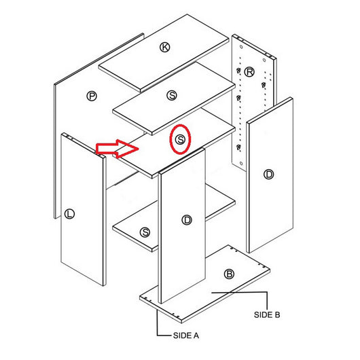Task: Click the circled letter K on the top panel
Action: tap(164, 48)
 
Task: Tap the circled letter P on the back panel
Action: tap(92, 96)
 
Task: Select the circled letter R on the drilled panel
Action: tap(249, 72)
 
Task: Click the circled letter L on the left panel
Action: tap(69, 214)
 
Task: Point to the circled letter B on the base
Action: tap(229, 274)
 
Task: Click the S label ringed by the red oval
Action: tap(180, 139)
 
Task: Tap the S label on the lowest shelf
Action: tap(145, 232)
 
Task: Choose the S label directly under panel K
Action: tap(172, 95)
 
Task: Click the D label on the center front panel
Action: tap(187, 220)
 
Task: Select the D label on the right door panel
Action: tap(268, 175)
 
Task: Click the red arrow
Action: tap(117, 149)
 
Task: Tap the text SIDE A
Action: tap(186, 336)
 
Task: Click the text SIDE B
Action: tap(267, 314)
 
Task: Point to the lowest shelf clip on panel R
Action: tap(239, 147)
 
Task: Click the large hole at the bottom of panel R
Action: tap(241, 164)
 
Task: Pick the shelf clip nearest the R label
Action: tap(239, 70)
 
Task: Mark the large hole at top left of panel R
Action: tap(241, 47)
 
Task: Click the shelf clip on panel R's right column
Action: tap(264, 85)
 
